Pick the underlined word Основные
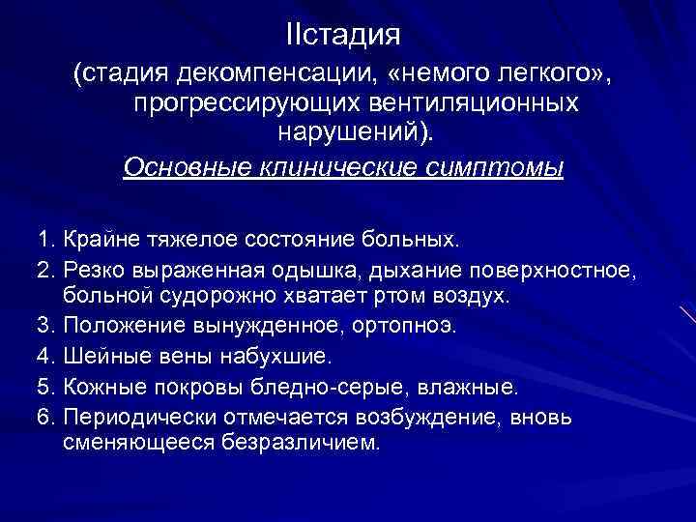click(185, 167)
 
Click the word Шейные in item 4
click(96, 355)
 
